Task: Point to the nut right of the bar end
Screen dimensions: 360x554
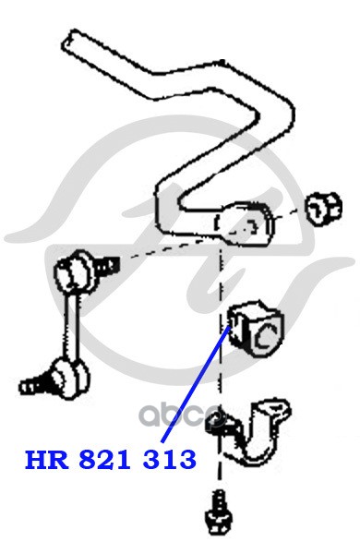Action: click(323, 210)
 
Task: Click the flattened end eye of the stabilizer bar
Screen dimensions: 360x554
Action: click(244, 223)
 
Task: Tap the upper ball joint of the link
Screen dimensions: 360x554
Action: click(75, 272)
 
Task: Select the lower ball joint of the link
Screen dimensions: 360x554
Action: click(71, 378)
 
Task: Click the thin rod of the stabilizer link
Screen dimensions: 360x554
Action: click(72, 327)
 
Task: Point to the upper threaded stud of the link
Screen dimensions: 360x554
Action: click(107, 267)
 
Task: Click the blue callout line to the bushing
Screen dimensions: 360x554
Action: click(196, 383)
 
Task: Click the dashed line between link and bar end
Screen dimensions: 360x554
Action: click(166, 249)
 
